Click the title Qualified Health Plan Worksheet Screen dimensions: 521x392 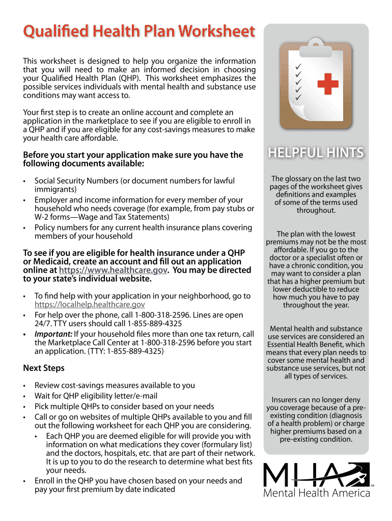[x=138, y=33]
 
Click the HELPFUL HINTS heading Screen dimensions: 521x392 [x=316, y=153]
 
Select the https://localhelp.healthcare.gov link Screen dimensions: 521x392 [x=90, y=305]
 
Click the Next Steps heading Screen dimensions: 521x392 [x=44, y=368]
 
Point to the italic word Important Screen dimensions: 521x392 [x=53, y=334]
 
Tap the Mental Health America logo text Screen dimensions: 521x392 [x=316, y=494]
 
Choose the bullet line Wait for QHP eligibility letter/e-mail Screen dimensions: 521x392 [x=96, y=396]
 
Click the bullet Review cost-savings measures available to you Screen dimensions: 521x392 [x=115, y=386]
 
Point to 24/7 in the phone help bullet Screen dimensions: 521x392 [x=43, y=324]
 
